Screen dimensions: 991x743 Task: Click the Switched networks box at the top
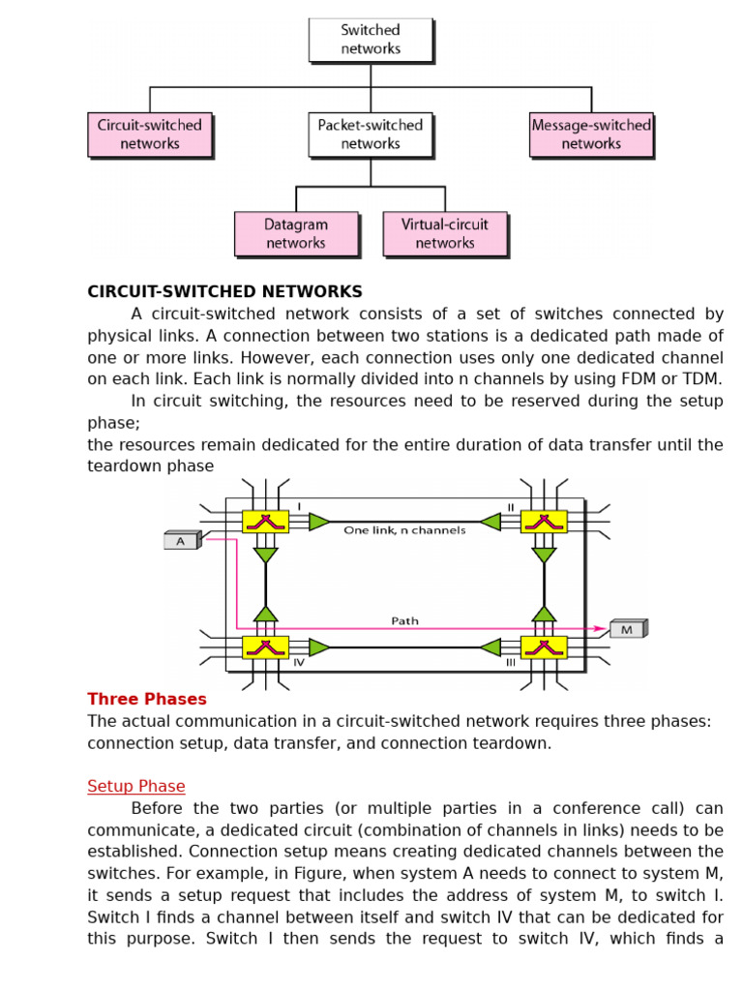coord(371,40)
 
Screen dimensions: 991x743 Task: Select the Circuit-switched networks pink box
coord(150,135)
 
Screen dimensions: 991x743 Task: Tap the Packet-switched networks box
coord(371,135)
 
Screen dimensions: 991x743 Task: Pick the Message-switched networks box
coord(591,135)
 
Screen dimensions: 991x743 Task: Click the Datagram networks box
coord(296,234)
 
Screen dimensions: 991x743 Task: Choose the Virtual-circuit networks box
coord(445,234)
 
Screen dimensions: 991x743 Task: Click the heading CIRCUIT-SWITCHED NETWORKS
coord(224,291)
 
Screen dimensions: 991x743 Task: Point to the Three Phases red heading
coord(147,699)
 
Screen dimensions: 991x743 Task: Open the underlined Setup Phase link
coord(136,786)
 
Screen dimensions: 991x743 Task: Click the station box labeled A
coord(181,541)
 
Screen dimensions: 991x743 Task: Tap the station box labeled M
coord(627,629)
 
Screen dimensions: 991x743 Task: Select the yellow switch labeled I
coord(265,522)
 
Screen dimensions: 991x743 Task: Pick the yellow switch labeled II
coord(544,522)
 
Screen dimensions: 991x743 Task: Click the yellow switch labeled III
coord(544,646)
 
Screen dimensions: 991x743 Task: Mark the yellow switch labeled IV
coord(265,646)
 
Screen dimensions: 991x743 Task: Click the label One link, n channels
coord(404,530)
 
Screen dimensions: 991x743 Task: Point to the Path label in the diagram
coord(404,620)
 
